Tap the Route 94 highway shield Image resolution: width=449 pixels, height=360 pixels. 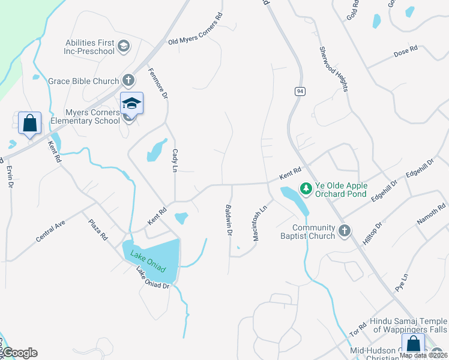pyautogui.click(x=299, y=91)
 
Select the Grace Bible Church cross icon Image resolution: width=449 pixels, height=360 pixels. pyautogui.click(x=128, y=80)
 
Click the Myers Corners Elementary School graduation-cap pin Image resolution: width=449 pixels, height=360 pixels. pyautogui.click(x=131, y=103)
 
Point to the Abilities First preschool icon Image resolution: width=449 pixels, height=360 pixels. pyautogui.click(x=124, y=46)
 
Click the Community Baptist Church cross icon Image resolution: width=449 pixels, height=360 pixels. pyautogui.click(x=345, y=230)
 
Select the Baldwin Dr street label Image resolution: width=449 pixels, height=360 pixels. pyautogui.click(x=229, y=220)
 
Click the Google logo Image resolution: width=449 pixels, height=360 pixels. pyautogui.click(x=19, y=353)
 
